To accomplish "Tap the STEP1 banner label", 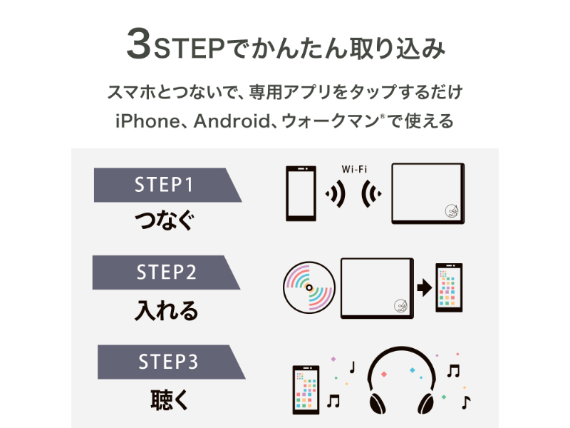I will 164,185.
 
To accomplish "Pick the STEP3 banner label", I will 167,362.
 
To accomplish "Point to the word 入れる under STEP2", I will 166,310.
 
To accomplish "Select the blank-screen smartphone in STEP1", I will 300,194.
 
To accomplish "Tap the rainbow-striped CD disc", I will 309,287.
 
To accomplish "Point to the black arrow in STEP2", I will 424,287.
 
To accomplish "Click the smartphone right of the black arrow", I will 449,287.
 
